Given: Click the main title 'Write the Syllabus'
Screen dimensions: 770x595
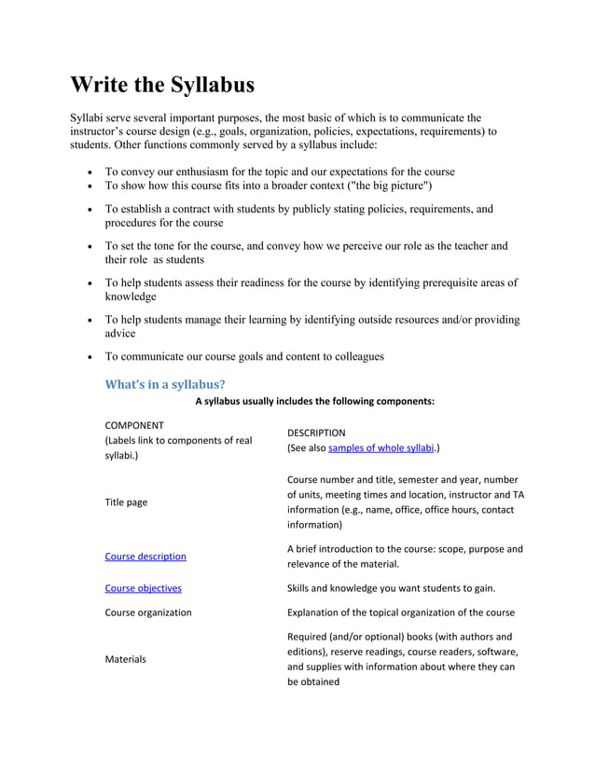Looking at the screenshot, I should [x=162, y=85].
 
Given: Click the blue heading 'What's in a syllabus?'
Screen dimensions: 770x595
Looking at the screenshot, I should [x=165, y=383].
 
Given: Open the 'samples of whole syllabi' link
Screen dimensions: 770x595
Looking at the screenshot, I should [x=381, y=447].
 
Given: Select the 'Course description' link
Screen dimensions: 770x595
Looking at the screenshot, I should [x=145, y=557].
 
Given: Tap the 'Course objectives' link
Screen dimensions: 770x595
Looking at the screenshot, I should [x=143, y=588].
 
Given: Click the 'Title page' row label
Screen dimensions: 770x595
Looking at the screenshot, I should [x=125, y=502].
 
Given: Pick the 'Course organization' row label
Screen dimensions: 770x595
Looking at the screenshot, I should [x=147, y=612].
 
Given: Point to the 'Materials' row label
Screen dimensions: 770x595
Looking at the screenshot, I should [x=125, y=659].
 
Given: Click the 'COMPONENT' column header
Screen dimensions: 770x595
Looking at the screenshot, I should [x=134, y=424].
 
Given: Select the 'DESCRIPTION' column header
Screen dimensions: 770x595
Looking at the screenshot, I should [x=316, y=433].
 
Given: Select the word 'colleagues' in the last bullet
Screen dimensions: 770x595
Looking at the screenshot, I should [x=353, y=356].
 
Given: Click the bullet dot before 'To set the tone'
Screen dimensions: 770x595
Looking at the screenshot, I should [x=88, y=247].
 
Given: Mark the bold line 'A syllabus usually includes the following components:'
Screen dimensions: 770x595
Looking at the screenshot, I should [x=314, y=402].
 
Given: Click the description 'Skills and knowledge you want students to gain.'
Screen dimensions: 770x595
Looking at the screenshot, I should [x=391, y=588].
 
